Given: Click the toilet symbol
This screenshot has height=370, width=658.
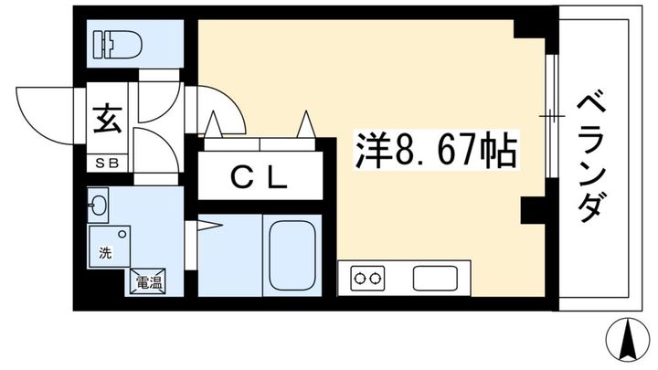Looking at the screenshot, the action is [118, 44].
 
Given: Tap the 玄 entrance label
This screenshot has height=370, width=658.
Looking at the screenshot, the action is [108, 119].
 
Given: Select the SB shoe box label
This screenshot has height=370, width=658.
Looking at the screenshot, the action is [107, 164].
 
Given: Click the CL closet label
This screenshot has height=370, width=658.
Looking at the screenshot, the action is [259, 179].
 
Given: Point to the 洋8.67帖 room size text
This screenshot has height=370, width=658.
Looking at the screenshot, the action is [437, 151].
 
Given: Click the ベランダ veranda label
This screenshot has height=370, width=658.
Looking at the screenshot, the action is [591, 158].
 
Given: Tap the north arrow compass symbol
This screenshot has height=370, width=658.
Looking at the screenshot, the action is [627, 340].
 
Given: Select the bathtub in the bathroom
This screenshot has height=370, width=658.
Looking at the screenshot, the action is [292, 256].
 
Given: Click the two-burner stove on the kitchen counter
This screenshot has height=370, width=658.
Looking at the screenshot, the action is [367, 278].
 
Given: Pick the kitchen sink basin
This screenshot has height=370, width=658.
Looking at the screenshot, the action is [435, 278].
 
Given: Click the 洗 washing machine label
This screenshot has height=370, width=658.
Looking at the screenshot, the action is [105, 253].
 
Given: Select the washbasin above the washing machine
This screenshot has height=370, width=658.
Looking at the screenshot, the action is [98, 206].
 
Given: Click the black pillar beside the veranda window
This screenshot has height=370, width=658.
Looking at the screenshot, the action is [533, 210].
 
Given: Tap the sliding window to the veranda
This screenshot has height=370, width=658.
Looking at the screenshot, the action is [552, 116].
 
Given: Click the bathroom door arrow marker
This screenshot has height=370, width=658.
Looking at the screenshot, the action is [210, 226].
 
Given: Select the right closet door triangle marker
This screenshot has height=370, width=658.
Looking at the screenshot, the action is [306, 124].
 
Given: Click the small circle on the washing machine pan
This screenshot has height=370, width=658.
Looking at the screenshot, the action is [122, 234].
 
